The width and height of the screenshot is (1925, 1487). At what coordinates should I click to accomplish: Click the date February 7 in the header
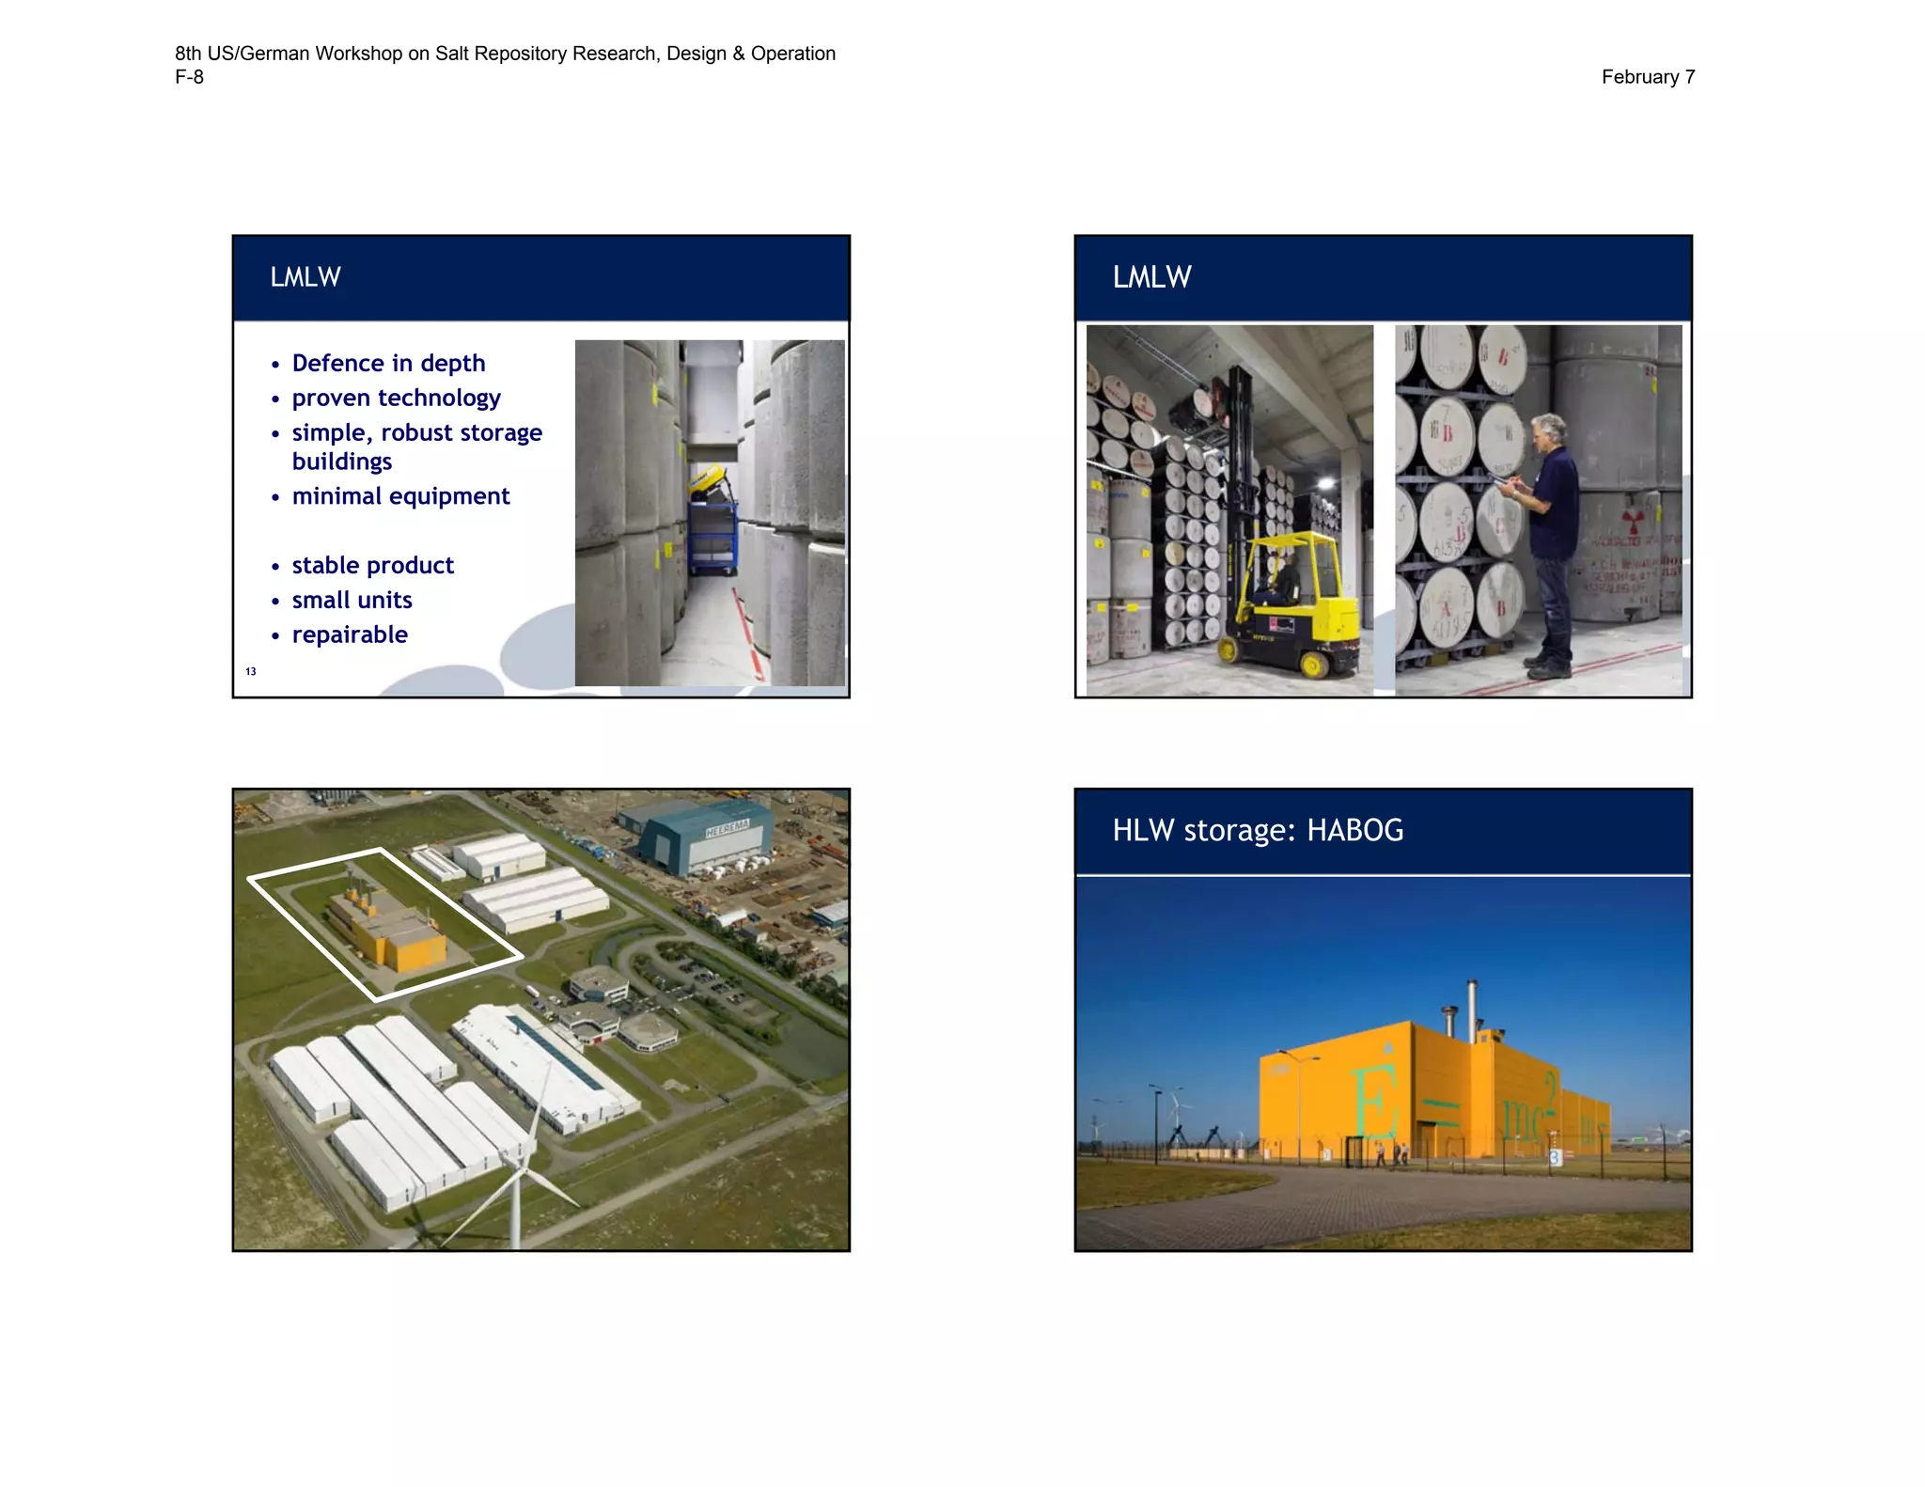click(x=1647, y=77)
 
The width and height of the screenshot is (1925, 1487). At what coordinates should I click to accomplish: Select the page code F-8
click(x=189, y=77)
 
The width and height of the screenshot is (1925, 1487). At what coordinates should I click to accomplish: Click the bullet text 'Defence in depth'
click(x=388, y=364)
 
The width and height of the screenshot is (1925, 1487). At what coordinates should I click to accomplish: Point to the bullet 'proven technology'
click(x=396, y=399)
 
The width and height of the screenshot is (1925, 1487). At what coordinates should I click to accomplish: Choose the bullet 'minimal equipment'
click(x=400, y=496)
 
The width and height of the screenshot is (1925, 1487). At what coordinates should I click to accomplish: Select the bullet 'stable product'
click(x=372, y=566)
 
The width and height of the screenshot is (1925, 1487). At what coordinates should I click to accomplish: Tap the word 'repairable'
click(x=350, y=635)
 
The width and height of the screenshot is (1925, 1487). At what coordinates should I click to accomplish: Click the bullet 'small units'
click(x=352, y=601)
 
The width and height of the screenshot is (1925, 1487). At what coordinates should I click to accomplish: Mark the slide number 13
click(x=251, y=671)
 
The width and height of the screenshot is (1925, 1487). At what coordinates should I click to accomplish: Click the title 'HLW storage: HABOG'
click(x=1258, y=831)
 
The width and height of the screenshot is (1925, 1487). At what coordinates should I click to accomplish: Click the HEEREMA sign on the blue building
click(x=727, y=828)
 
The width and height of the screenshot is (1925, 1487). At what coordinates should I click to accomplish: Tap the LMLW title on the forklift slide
click(x=1151, y=277)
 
